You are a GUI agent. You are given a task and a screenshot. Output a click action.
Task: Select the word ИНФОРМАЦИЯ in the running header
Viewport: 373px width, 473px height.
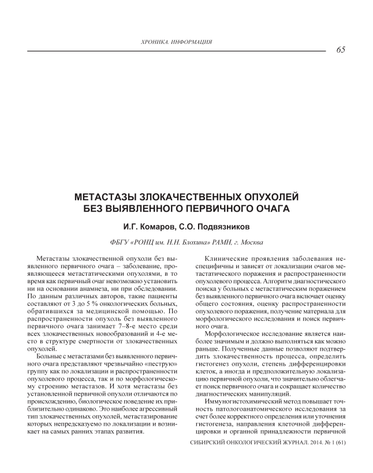(193, 42)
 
